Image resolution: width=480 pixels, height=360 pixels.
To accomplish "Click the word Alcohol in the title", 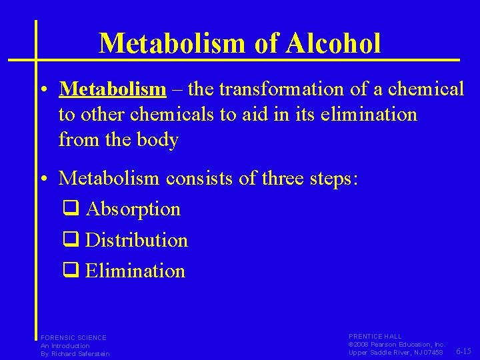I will (x=335, y=43).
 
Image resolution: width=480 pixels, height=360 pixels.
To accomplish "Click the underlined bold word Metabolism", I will (x=112, y=89).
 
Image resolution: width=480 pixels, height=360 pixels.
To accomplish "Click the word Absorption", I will (x=133, y=209).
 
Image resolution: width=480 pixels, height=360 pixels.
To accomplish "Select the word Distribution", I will (x=137, y=240).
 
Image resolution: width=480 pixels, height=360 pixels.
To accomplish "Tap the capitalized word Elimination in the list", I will (x=135, y=271).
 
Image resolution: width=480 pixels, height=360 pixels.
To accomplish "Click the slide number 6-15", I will (x=465, y=351).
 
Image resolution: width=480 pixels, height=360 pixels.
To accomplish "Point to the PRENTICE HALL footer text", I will (x=375, y=337).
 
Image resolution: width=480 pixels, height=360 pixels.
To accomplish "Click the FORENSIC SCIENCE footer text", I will (x=73, y=337).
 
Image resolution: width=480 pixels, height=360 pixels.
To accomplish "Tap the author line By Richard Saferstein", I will (x=75, y=353).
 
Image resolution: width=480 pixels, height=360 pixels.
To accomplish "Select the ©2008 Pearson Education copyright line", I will (x=396, y=344).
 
